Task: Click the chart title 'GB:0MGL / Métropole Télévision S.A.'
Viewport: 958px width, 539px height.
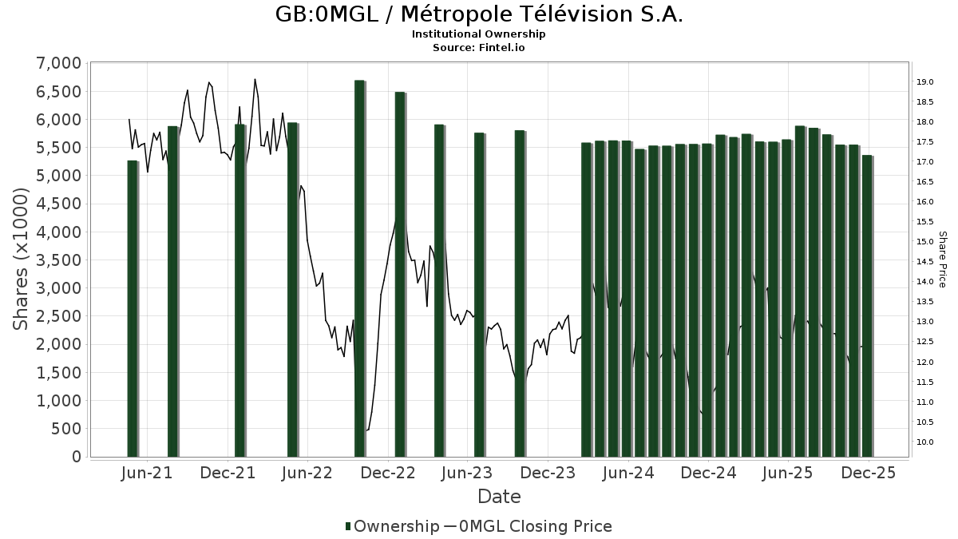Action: tap(479, 14)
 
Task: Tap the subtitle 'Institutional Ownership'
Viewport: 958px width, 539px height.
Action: tap(479, 34)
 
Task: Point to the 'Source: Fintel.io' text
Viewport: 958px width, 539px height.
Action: tap(479, 47)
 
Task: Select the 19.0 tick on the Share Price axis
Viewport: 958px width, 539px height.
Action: tap(925, 81)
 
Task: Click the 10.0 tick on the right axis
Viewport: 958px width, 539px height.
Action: tap(925, 442)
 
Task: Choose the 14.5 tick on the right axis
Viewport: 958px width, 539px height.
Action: tap(925, 262)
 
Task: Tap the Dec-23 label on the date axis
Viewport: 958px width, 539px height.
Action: tap(548, 473)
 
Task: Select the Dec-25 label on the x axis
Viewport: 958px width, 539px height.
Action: tap(869, 473)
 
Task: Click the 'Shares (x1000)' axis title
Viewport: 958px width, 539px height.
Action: tap(22, 260)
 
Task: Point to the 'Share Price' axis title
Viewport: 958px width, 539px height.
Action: tap(942, 260)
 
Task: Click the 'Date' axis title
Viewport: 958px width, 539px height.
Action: tap(499, 497)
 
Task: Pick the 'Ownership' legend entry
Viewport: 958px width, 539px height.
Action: tap(391, 526)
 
